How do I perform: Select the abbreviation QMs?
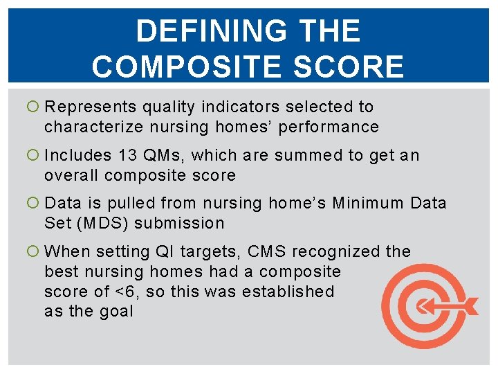pyautogui.click(x=160, y=156)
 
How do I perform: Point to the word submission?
pyautogui.click(x=180, y=224)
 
